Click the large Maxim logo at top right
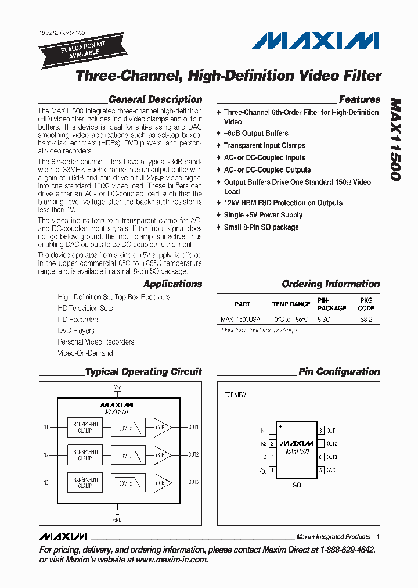[315, 41]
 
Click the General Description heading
[155, 99]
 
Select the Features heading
[359, 99]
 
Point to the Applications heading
[172, 284]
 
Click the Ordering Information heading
[330, 284]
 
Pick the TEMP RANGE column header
[291, 304]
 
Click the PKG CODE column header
[366, 304]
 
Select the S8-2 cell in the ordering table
[366, 320]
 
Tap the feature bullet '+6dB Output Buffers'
[255, 133]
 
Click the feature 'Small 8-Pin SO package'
[261, 227]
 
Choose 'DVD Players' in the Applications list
[76, 331]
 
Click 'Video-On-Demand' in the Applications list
[85, 353]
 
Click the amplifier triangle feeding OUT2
[160, 454]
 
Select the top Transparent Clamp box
[85, 428]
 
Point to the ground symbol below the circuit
[117, 511]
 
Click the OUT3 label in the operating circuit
[193, 482]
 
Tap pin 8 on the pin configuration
[320, 431]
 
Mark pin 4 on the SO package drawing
[271, 470]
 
